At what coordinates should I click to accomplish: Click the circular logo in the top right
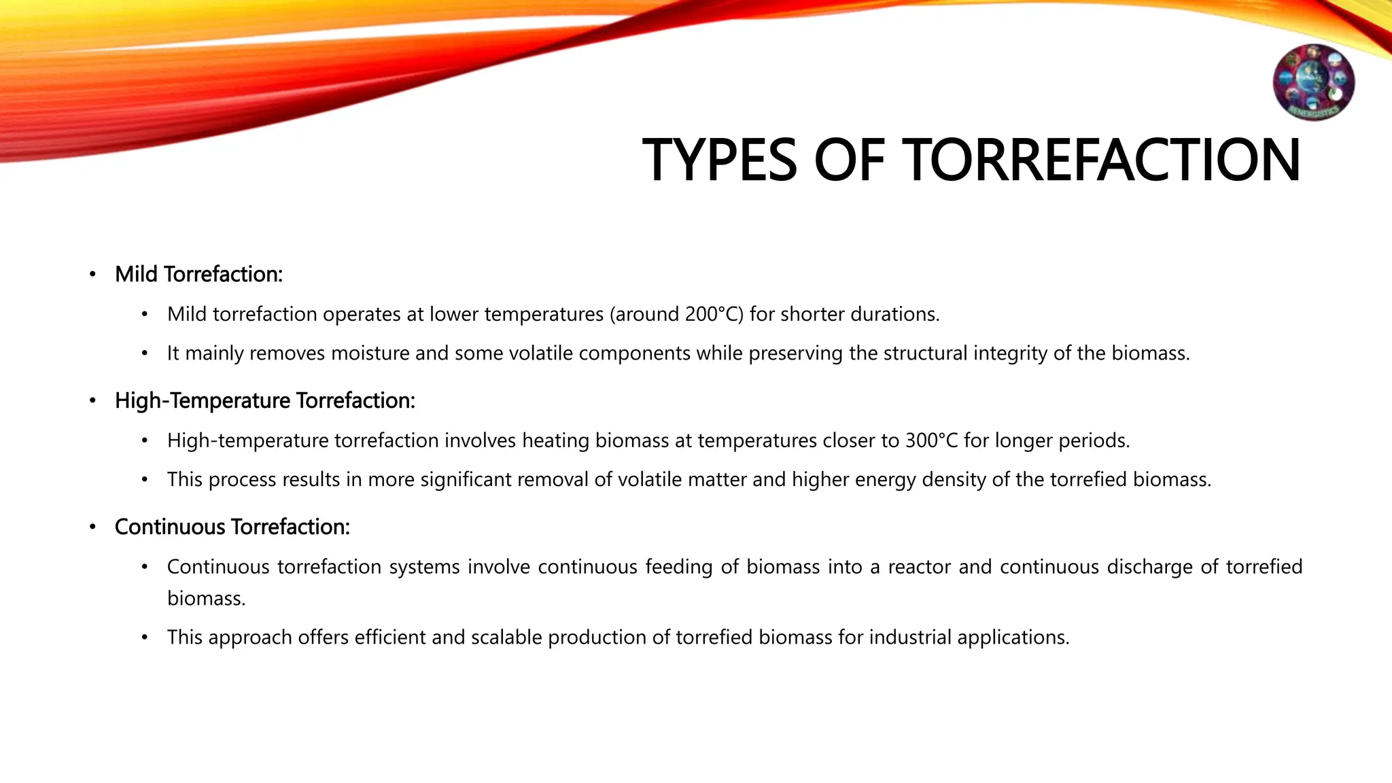pyautogui.click(x=1313, y=82)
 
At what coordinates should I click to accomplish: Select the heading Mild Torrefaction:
pyautogui.click(x=198, y=274)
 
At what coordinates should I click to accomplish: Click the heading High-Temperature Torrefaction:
pyautogui.click(x=264, y=400)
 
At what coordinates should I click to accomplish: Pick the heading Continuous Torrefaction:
pyautogui.click(x=232, y=527)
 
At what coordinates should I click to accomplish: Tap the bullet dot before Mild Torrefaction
pyautogui.click(x=92, y=275)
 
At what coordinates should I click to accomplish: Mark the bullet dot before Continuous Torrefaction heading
pyautogui.click(x=92, y=527)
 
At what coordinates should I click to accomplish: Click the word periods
pyautogui.click(x=1096, y=440)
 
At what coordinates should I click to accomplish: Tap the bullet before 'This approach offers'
pyautogui.click(x=144, y=638)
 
